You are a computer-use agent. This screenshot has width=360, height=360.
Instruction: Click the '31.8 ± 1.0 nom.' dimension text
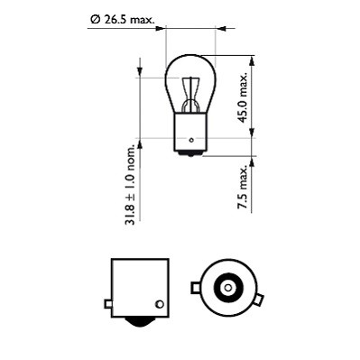coord(132,184)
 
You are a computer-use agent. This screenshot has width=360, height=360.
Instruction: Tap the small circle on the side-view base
coord(160,303)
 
